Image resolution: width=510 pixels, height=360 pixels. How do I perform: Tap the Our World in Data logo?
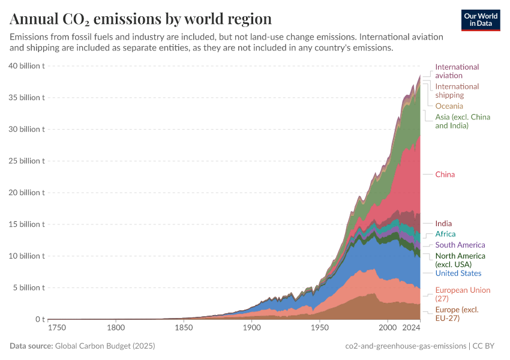481,20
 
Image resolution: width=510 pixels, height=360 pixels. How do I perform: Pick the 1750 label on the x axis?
58,328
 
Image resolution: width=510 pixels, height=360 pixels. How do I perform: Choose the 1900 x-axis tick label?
252,328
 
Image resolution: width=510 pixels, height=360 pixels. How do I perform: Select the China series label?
445,175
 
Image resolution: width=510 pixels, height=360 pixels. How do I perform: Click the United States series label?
458,274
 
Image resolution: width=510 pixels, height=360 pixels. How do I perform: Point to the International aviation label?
457,71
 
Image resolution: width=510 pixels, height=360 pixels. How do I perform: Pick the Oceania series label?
449,106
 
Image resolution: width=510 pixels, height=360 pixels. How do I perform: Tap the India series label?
443,224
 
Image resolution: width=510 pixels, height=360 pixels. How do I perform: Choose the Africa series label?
445,234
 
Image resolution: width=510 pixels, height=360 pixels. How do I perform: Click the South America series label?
460,245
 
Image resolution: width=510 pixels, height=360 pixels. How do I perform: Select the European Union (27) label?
463,295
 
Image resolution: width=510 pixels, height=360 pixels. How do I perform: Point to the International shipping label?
457,91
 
